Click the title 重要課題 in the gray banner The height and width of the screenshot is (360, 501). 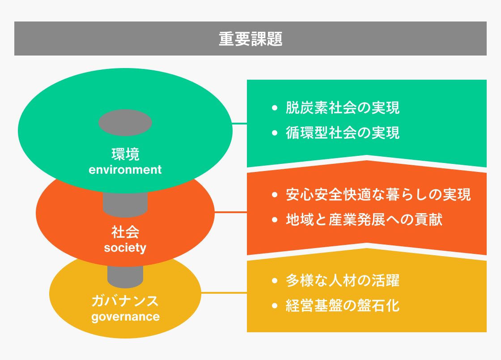click(x=250, y=39)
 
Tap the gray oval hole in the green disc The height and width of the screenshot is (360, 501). click(x=125, y=123)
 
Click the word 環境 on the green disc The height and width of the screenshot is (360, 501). click(x=125, y=154)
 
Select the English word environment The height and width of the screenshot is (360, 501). click(x=125, y=169)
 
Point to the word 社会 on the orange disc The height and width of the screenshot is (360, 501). click(x=125, y=232)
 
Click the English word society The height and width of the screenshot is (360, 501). click(x=125, y=248)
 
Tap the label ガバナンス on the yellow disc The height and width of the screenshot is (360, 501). click(x=125, y=301)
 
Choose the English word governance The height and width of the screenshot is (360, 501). click(x=125, y=317)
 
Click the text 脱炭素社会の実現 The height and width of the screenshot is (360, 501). click(x=343, y=108)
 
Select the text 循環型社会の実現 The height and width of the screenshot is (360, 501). click(x=343, y=133)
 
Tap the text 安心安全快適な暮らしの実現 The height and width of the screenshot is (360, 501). click(x=378, y=194)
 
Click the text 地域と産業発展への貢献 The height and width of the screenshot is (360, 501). click(x=364, y=220)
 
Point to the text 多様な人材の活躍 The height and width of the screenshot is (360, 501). click(x=343, y=280)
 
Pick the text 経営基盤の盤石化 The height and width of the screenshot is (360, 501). click(x=343, y=306)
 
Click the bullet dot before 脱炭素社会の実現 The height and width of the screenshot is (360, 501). click(x=275, y=108)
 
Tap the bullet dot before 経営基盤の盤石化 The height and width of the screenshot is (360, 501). click(x=275, y=306)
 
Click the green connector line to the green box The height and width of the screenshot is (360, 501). click(x=239, y=123)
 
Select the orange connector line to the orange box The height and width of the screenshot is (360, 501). click(x=231, y=212)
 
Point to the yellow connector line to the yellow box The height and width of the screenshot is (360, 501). click(x=224, y=292)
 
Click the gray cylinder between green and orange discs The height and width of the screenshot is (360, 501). click(x=125, y=204)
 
